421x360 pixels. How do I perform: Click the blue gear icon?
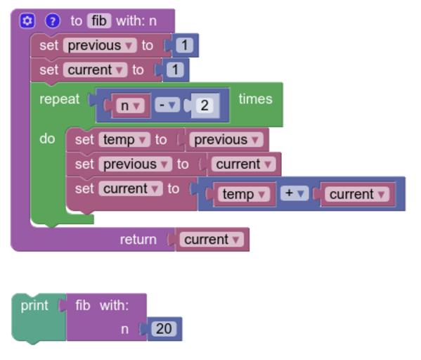[x=27, y=20]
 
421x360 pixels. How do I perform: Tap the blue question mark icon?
[x=53, y=20]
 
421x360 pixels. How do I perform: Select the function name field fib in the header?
[x=99, y=20]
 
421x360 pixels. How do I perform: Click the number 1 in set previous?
[x=184, y=45]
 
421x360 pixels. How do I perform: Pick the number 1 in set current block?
[x=175, y=70]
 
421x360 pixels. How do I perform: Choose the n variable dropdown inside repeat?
[x=130, y=105]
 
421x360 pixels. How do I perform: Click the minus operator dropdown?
[x=167, y=105]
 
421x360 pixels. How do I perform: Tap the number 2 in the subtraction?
[x=205, y=105]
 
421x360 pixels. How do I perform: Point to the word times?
[x=256, y=99]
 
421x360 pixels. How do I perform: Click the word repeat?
[x=59, y=99]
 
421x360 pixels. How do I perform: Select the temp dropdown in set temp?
[x=124, y=140]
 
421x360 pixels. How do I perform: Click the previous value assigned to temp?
[x=226, y=140]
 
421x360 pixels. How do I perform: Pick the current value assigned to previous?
[x=243, y=164]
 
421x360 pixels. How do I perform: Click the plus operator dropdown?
[x=294, y=193]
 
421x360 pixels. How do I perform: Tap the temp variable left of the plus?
[x=243, y=194]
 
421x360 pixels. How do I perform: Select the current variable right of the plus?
[x=357, y=194]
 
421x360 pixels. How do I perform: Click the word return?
[x=138, y=239]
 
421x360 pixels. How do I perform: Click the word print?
[x=34, y=306]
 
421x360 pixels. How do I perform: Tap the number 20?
[x=164, y=329]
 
